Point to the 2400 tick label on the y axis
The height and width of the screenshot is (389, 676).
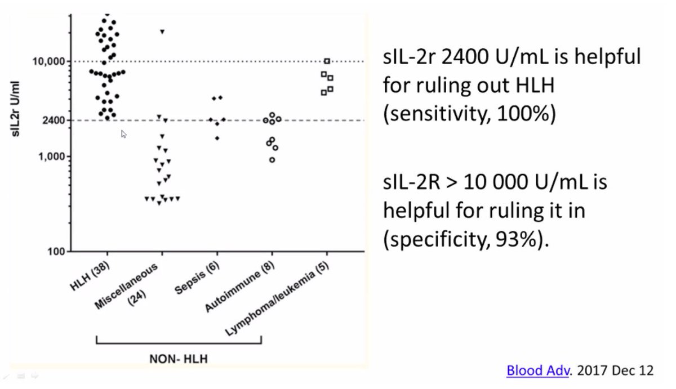(51, 120)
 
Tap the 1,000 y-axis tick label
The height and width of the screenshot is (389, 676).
(50, 156)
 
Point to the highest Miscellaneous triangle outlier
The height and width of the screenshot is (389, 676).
(162, 32)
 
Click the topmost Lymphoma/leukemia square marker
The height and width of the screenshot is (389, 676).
(327, 61)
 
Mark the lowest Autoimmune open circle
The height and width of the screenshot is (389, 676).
(272, 160)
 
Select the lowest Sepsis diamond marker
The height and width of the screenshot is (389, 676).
(217, 138)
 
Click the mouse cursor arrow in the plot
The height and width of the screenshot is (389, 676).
(123, 133)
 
